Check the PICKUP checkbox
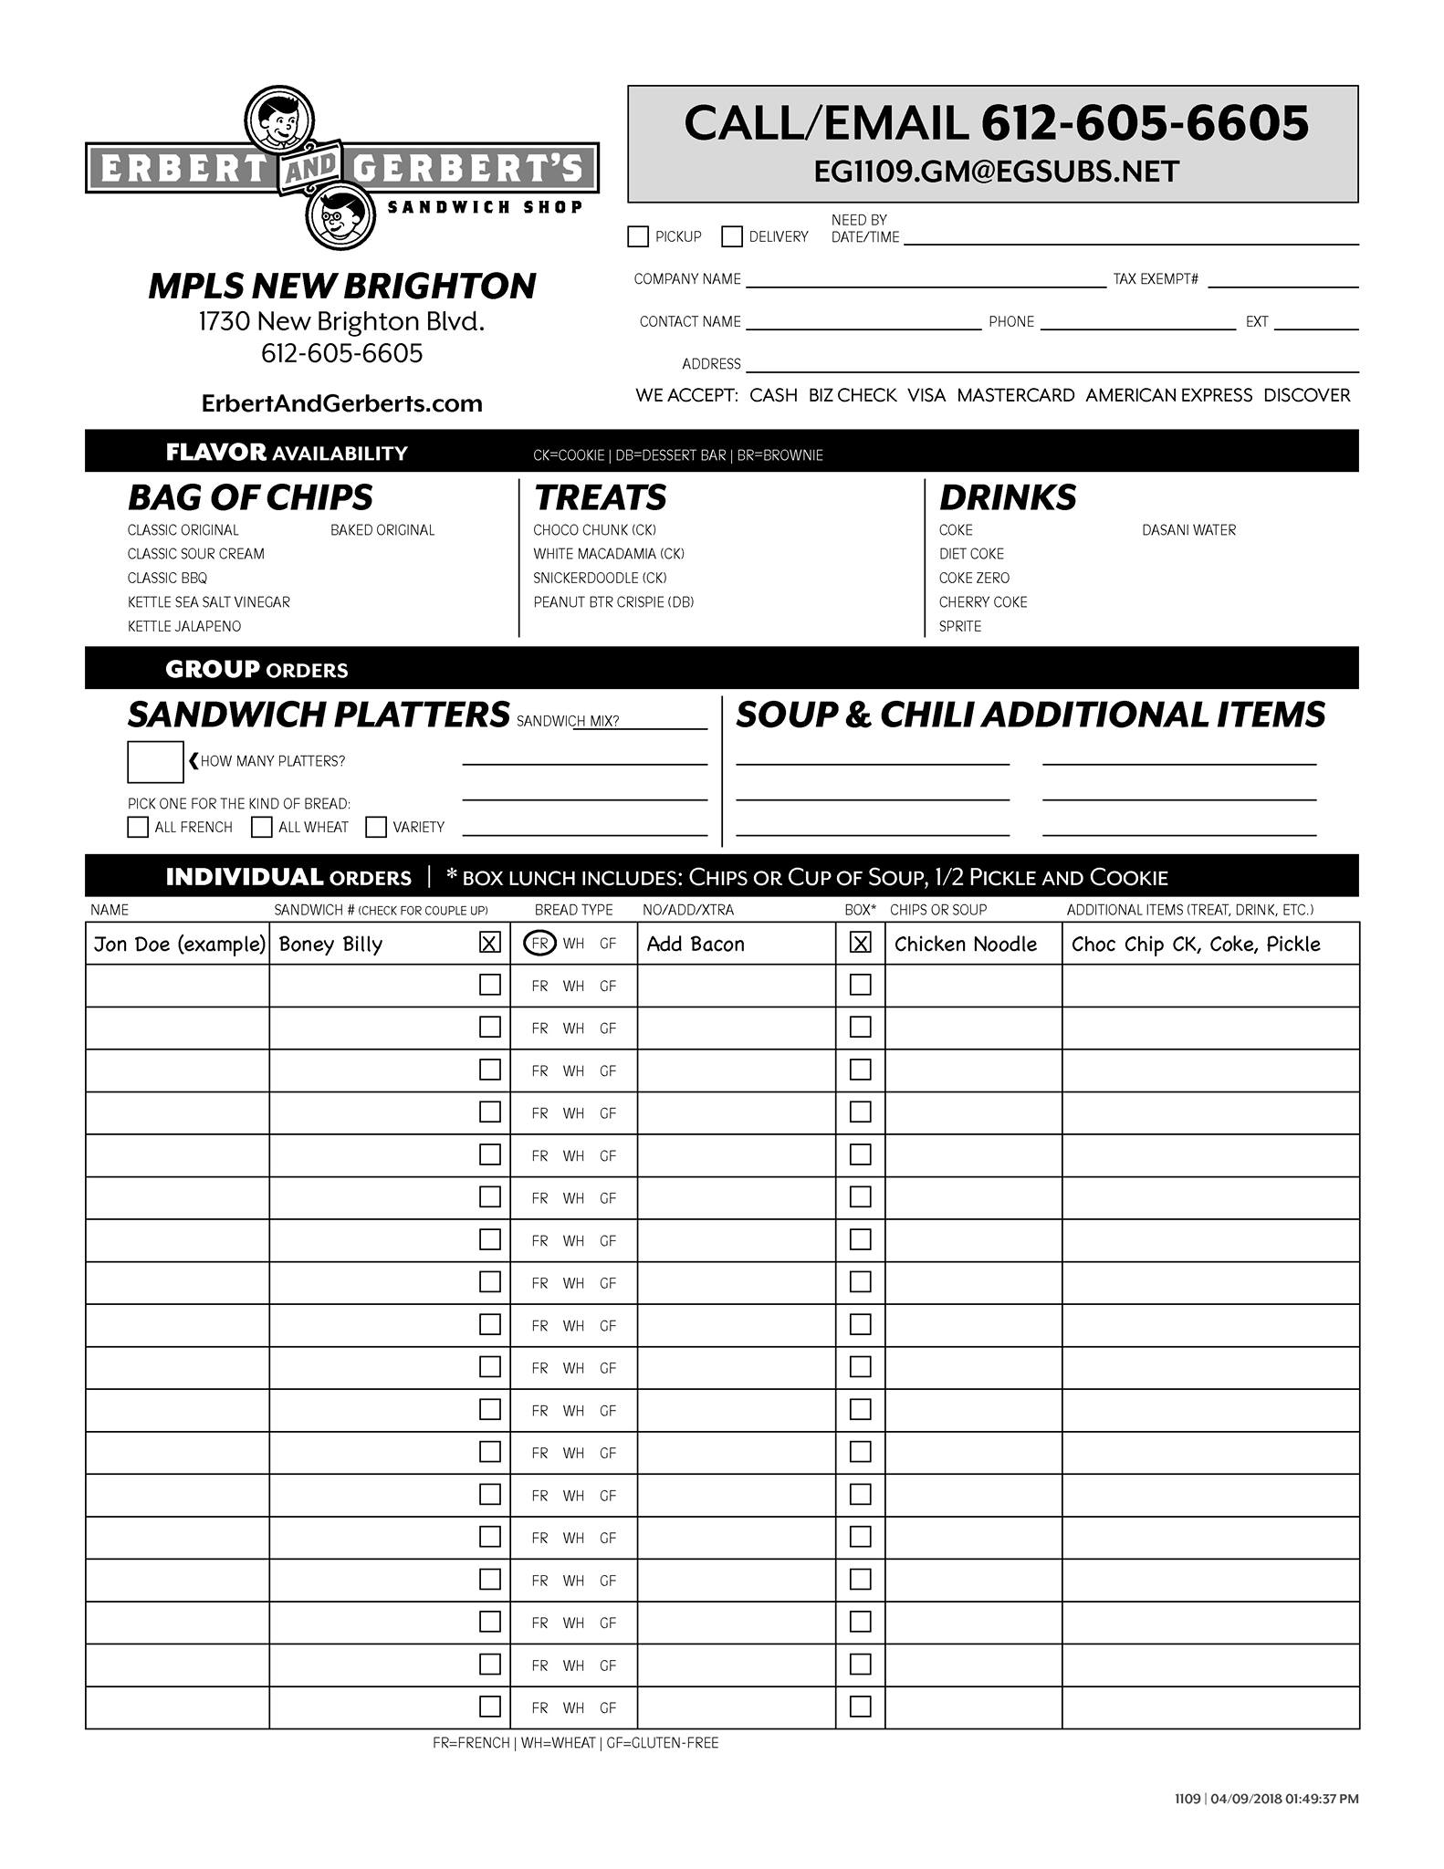coord(638,236)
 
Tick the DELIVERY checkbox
coord(732,236)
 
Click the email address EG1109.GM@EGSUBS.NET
coord(996,172)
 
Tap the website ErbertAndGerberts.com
coord(341,403)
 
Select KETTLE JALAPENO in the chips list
coord(184,626)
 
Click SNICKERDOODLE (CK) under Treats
coord(600,578)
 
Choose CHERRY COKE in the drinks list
coord(983,602)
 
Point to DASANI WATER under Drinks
coord(1188,530)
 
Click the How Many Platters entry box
coord(155,762)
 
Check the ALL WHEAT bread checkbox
coord(262,827)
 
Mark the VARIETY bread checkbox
coord(376,827)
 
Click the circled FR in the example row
coord(539,944)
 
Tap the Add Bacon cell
coord(696,944)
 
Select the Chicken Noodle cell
coord(966,944)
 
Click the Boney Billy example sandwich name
coord(330,944)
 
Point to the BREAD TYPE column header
coord(573,910)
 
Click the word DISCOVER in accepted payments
coord(1306,395)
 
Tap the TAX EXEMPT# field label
coord(1156,279)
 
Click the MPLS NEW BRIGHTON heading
coord(342,286)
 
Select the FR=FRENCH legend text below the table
coord(471,1742)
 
